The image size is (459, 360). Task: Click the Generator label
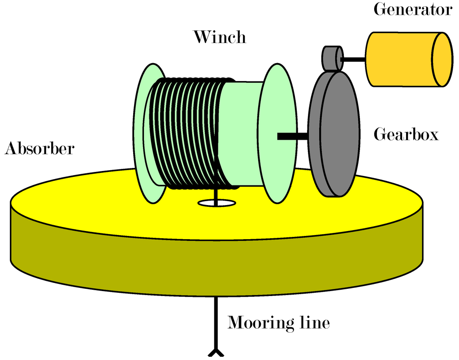[x=413, y=10]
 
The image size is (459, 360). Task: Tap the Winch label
[x=220, y=37]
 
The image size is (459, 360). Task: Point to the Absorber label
[x=39, y=149]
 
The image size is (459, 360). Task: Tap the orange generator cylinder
[x=399, y=59]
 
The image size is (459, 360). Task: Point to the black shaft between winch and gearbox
[x=292, y=136]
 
